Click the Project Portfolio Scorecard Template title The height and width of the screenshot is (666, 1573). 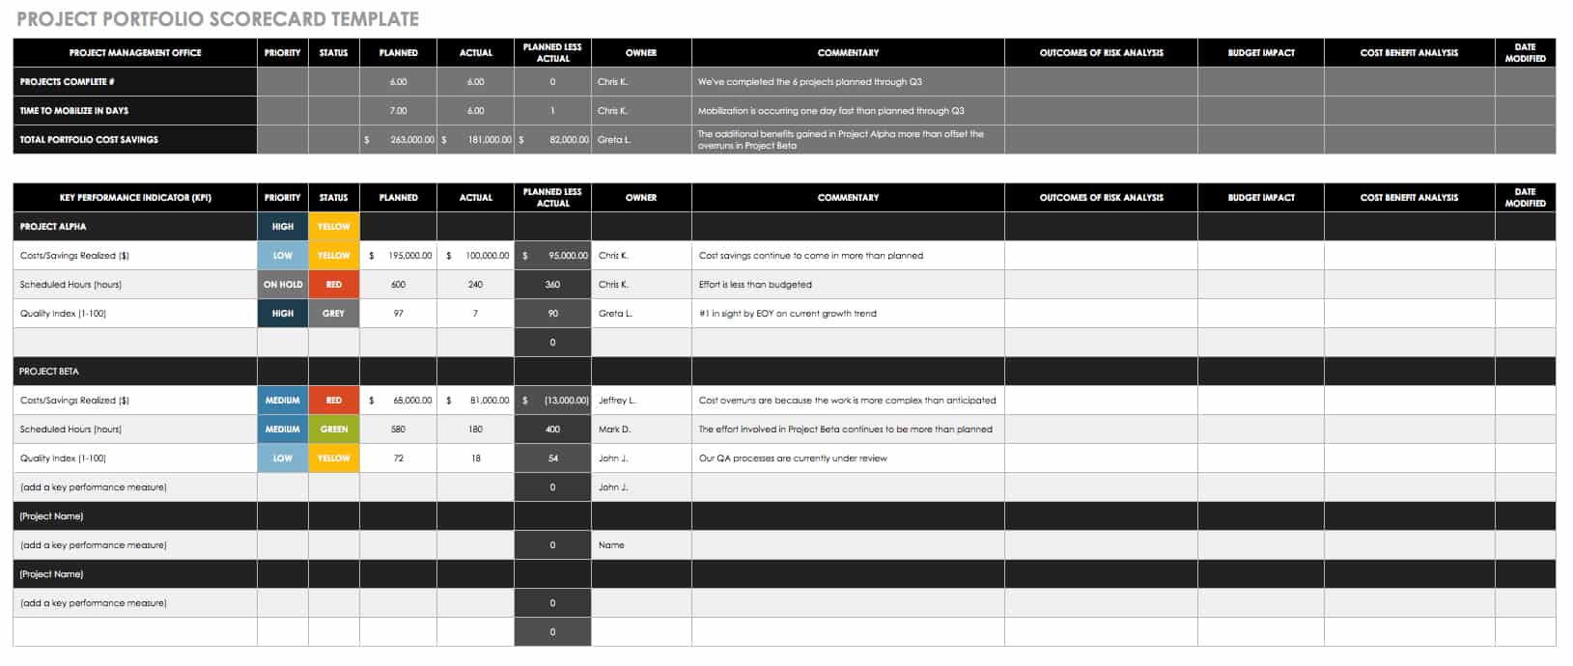coord(217,18)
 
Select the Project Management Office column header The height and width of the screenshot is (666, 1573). coord(135,53)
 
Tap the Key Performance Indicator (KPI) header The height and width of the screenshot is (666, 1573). coord(135,198)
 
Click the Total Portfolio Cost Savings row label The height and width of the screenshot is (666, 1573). coord(89,140)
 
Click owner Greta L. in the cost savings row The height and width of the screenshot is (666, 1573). coord(614,140)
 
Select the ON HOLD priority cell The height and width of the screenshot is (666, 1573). coord(283,285)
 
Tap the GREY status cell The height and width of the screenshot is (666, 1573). coord(334,314)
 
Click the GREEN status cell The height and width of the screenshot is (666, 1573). coord(334,430)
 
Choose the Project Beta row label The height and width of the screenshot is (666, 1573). coord(49,372)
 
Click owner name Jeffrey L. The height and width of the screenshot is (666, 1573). coord(617,401)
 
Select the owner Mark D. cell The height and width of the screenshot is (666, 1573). coord(614,430)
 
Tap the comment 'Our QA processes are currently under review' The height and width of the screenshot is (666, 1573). coord(793,458)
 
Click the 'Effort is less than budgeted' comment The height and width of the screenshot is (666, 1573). coord(755,285)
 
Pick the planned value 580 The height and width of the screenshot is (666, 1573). coord(398,430)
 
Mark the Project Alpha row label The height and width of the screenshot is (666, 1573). coord(53,227)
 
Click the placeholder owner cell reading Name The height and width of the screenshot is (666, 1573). coord(611,545)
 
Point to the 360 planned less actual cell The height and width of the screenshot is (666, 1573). coord(552,285)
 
